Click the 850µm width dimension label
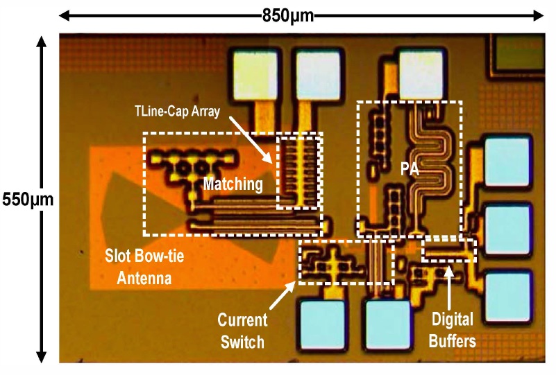(288, 16)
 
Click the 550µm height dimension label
(28, 200)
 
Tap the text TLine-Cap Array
(177, 112)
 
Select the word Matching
(233, 184)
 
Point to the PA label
(410, 169)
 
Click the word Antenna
(144, 279)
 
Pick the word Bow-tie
(158, 256)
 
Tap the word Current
(242, 320)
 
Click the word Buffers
(452, 341)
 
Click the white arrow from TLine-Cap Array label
(251, 140)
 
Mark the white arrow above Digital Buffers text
(449, 287)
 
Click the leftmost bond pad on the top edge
(255, 74)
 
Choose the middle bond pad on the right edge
(507, 229)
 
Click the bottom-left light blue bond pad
(323, 324)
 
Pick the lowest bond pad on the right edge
(507, 297)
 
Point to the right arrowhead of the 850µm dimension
(538, 16)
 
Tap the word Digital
(452, 320)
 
